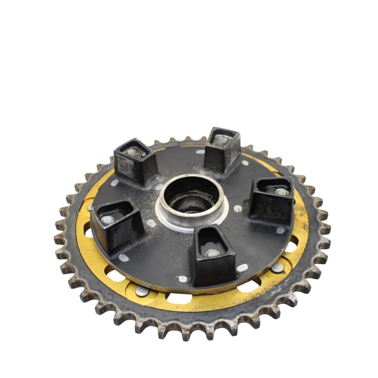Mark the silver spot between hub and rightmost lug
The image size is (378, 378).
pos(238,208)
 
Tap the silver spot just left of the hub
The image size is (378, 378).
pos(151,223)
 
